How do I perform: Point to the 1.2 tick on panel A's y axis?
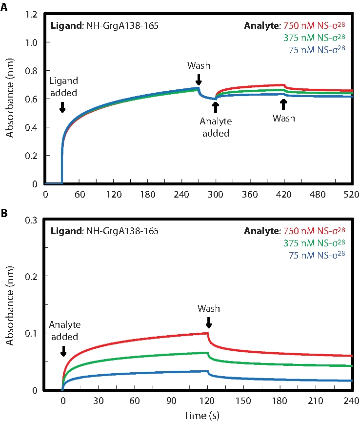[x=31, y=15]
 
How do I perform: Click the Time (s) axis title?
[x=198, y=415]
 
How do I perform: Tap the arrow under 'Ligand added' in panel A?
[x=62, y=107]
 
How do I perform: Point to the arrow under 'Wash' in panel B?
[x=208, y=323]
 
